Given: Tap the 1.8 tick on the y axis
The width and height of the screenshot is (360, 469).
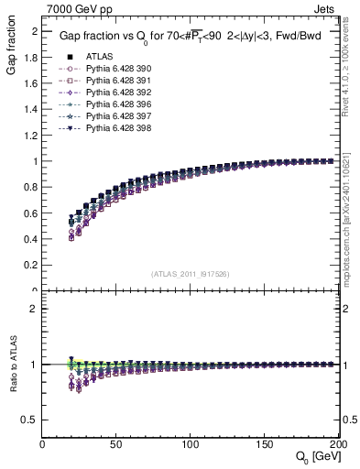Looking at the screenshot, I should tap(31, 57).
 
